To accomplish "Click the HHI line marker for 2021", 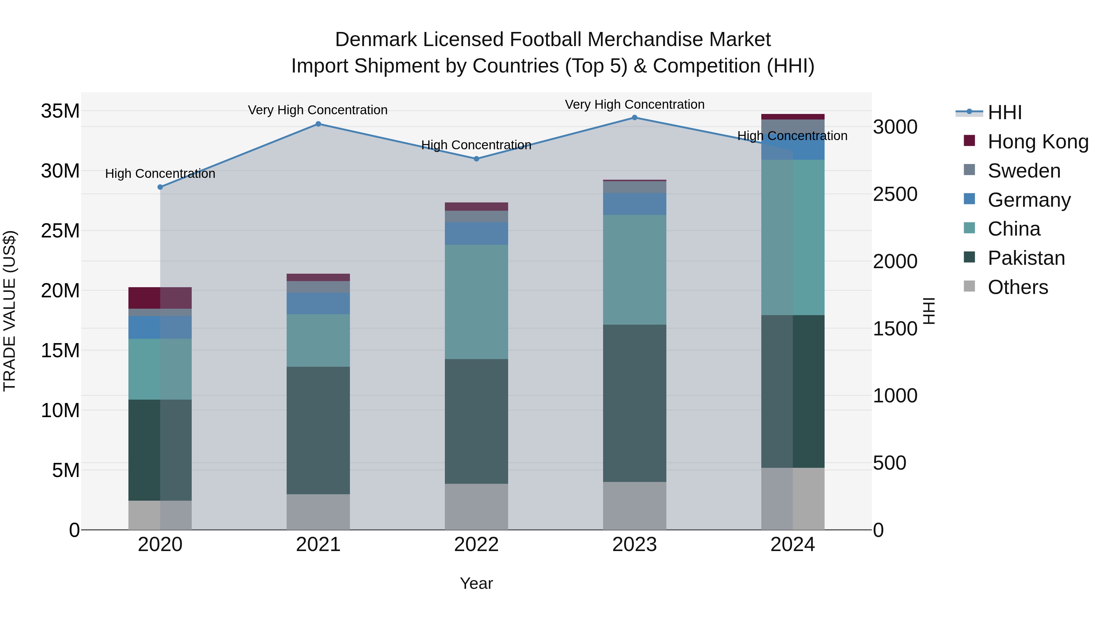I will pos(318,124).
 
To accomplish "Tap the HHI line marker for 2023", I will pos(635,118).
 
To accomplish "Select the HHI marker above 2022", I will pos(476,159).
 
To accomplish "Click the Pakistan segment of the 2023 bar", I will pos(635,404).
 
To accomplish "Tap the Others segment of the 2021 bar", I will pos(318,512).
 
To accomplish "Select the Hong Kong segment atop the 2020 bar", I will pos(160,298).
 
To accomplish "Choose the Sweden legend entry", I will pos(1024,171).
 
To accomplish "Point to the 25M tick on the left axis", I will pos(60,231).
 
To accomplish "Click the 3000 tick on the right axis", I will pos(895,127).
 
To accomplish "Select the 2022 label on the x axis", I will pos(476,545).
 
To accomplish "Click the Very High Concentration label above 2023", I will pos(635,105).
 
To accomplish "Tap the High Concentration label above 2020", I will pos(160,174).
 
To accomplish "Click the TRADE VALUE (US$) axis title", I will pos(10,311).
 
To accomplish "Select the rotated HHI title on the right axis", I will pos(929,311).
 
